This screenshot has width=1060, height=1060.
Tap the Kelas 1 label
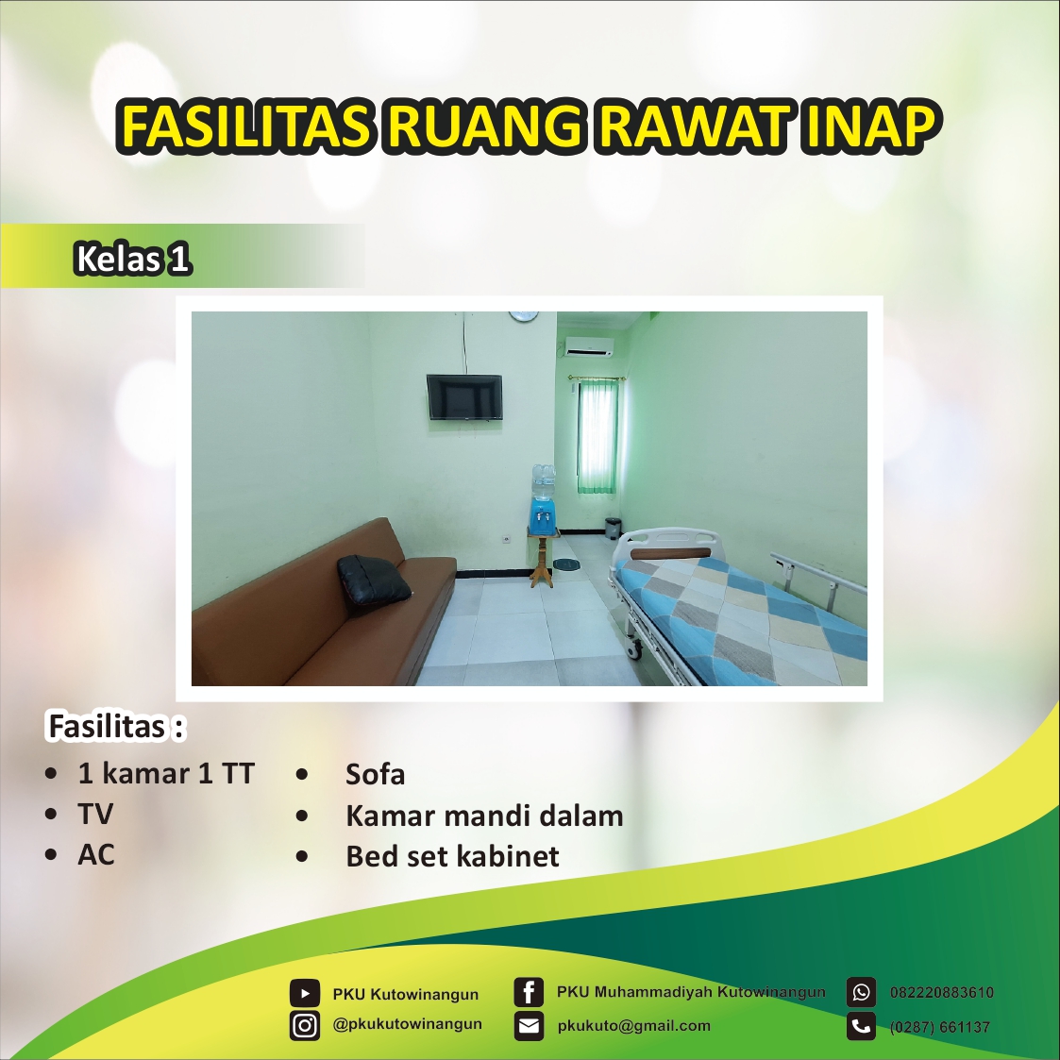tap(132, 258)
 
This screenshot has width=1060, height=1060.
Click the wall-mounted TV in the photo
tap(464, 396)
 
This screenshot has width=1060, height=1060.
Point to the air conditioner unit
tap(589, 347)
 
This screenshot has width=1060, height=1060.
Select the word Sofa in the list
tap(375, 775)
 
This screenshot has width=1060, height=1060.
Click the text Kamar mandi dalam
tap(484, 816)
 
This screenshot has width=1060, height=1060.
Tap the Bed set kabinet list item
tap(452, 856)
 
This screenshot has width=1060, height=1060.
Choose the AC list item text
tap(96, 855)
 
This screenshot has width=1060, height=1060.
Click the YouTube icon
tap(304, 993)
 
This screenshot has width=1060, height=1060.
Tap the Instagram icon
tap(304, 1025)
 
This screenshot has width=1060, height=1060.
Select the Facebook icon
tap(529, 992)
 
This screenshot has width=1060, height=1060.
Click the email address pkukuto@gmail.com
tap(633, 1026)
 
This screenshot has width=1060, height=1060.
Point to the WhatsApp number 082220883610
tap(941, 993)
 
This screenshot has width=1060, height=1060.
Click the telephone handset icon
tap(861, 1026)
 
